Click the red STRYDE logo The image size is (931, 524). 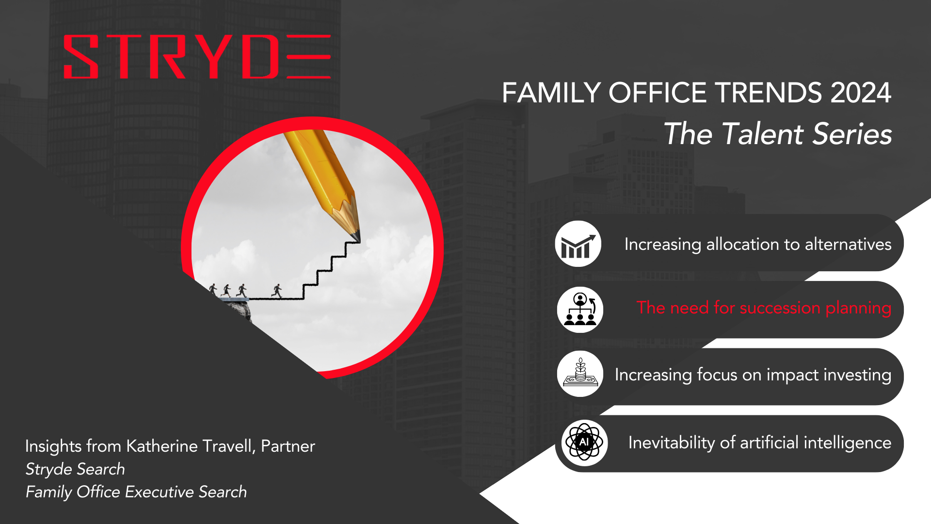pyautogui.click(x=197, y=56)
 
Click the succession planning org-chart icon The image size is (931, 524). pyautogui.click(x=580, y=310)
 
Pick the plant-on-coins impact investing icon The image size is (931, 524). pyautogui.click(x=580, y=374)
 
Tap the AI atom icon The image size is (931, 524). pyautogui.click(x=584, y=442)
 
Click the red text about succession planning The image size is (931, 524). pyautogui.click(x=764, y=308)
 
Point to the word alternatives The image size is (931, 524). pyautogui.click(x=848, y=244)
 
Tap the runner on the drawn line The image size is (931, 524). pyautogui.click(x=277, y=291)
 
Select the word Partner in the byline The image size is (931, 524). pyautogui.click(x=288, y=446)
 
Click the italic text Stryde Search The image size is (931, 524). pyautogui.click(x=75, y=469)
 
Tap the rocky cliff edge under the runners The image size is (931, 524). pyautogui.click(x=238, y=310)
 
